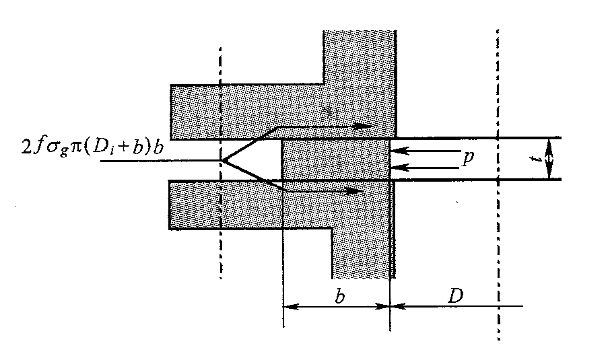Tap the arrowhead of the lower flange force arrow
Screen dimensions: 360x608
coord(358,191)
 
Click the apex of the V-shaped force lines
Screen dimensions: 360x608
coord(223,160)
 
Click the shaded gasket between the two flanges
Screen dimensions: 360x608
coord(335,159)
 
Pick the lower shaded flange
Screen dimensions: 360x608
coord(303,212)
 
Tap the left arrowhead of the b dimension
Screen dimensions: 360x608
coord(288,306)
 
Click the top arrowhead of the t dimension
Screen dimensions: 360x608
coord(550,142)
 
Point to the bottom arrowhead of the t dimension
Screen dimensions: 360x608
coord(550,176)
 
